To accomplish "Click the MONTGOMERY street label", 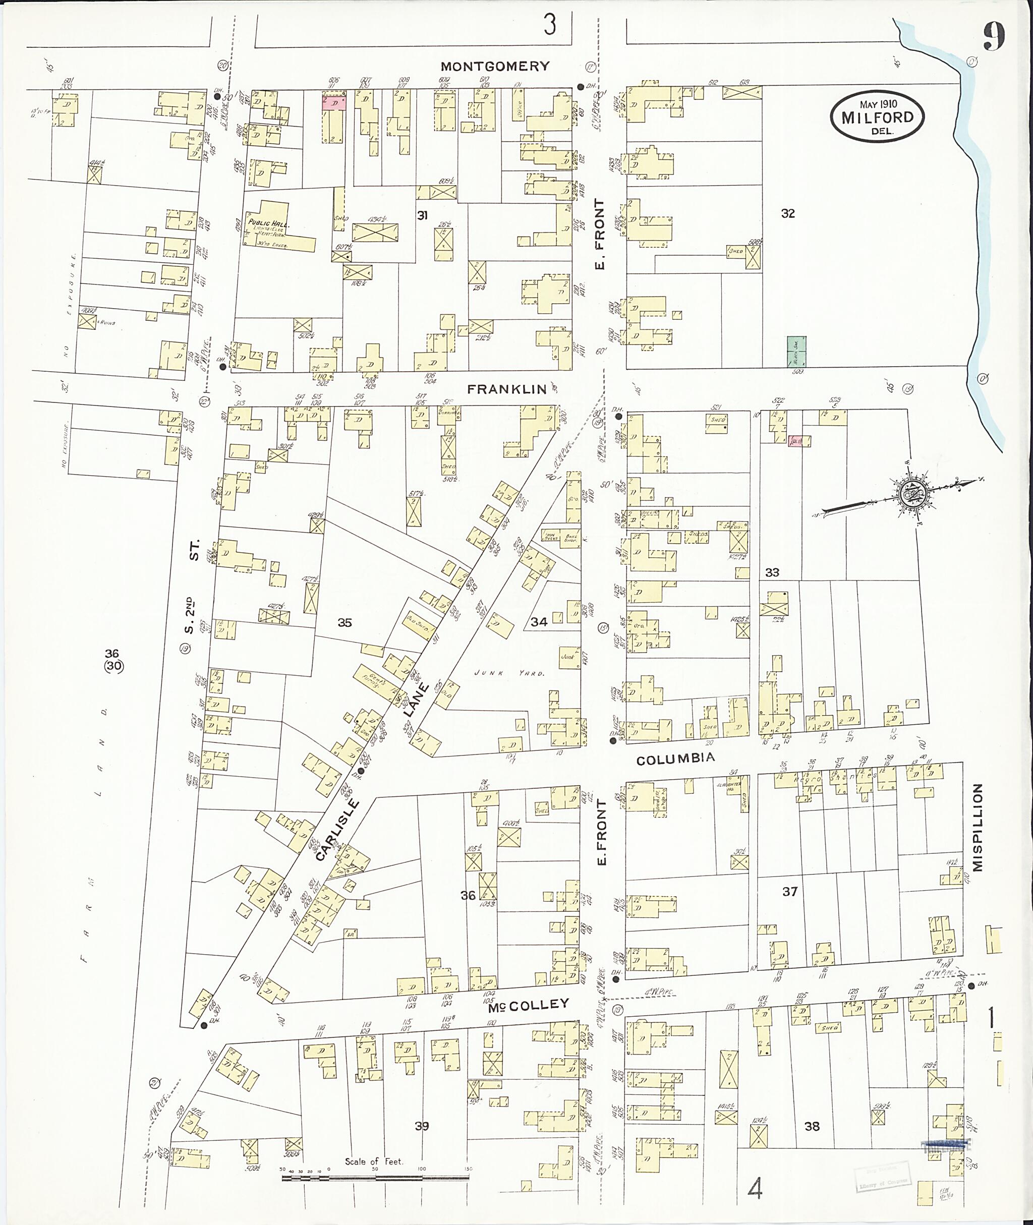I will pyautogui.click(x=495, y=66).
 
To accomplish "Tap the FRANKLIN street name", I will pyautogui.click(x=506, y=389).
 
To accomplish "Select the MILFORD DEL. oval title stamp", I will pyautogui.click(x=877, y=116).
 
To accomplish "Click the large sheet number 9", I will pyautogui.click(x=994, y=37).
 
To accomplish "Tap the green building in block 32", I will pyautogui.click(x=796, y=352).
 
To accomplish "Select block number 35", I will pyautogui.click(x=345, y=622).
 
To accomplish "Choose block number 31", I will pyautogui.click(x=422, y=215).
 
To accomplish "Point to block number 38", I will pyautogui.click(x=812, y=1126).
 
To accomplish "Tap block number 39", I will pyautogui.click(x=422, y=1126).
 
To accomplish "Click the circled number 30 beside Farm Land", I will pyautogui.click(x=113, y=666).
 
